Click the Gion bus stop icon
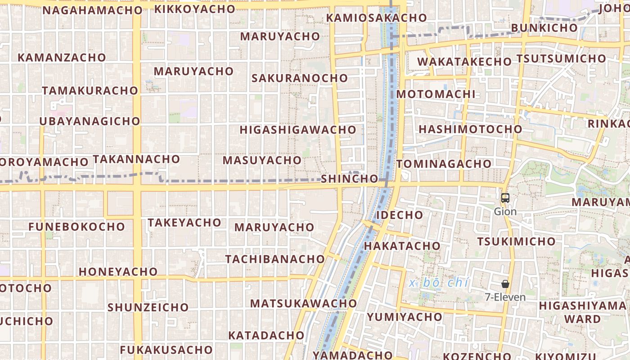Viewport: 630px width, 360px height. (x=505, y=198)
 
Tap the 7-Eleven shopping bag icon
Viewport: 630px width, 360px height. (x=505, y=284)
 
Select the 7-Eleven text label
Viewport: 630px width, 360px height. (x=505, y=297)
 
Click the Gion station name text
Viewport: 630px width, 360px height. (x=505, y=211)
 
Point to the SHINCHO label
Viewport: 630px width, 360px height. (x=349, y=179)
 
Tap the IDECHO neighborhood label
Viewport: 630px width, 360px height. (x=400, y=215)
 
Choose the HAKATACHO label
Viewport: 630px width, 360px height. (x=402, y=246)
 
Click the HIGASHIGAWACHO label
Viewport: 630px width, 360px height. (x=298, y=130)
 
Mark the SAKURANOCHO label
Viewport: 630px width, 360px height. (x=300, y=78)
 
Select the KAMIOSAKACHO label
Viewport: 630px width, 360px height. (x=377, y=18)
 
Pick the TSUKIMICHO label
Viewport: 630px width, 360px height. (x=516, y=242)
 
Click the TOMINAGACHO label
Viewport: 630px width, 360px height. (x=444, y=164)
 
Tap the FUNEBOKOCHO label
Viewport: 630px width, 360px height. (x=76, y=226)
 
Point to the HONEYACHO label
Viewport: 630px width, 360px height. (x=118, y=272)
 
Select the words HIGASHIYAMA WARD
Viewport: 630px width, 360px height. (x=582, y=312)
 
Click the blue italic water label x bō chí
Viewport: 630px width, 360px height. (x=439, y=283)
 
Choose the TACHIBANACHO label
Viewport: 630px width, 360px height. (x=275, y=259)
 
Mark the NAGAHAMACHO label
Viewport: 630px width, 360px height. (x=93, y=10)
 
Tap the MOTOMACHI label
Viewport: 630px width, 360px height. (x=436, y=94)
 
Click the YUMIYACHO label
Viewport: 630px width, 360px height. (x=405, y=317)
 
